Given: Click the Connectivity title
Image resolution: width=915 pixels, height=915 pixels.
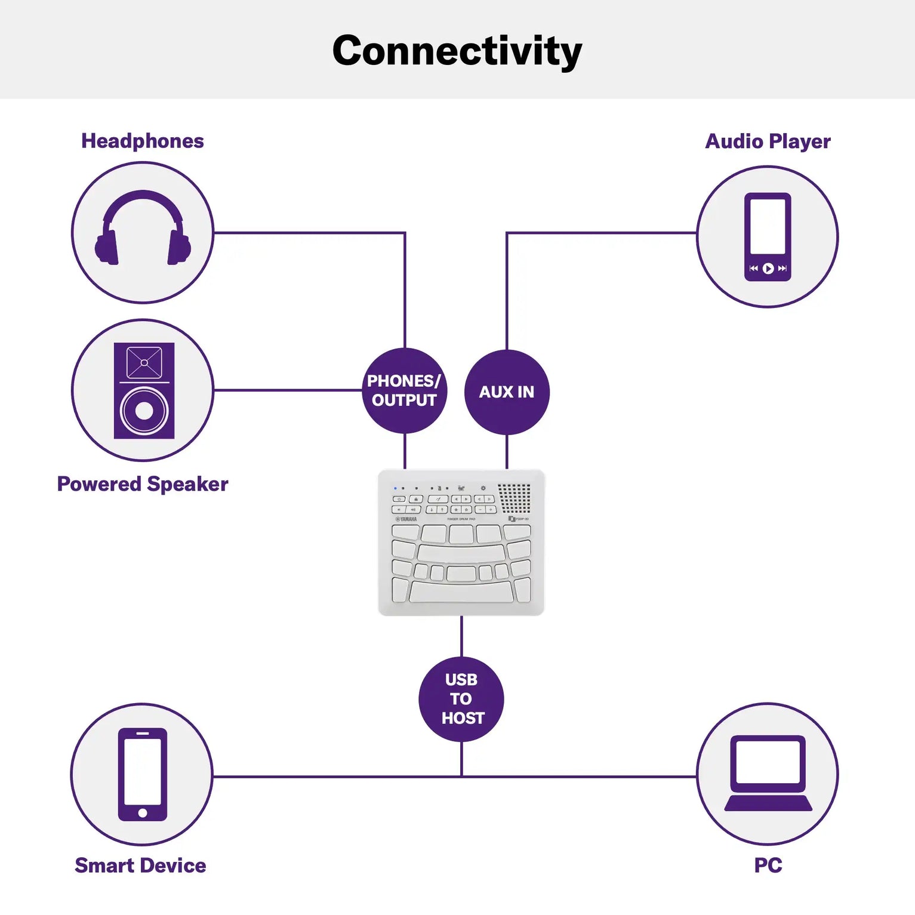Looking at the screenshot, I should point(457,51).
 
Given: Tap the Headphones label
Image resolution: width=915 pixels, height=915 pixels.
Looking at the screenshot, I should point(143,141).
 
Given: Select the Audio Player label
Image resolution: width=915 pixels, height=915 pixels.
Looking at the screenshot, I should point(768,142).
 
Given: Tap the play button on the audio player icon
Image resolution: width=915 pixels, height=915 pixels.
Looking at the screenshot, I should point(768,269).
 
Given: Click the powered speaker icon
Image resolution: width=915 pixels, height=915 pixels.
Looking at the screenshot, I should point(144,390).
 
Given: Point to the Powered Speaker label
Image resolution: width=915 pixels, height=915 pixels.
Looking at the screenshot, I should point(143,484).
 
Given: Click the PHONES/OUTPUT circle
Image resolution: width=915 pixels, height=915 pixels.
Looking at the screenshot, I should point(404,391).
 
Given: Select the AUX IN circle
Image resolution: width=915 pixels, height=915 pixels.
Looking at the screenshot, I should point(507,392).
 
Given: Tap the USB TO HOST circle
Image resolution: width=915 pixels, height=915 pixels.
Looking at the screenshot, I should point(461,699).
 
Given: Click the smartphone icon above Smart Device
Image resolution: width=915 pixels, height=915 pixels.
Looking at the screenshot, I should point(142,774).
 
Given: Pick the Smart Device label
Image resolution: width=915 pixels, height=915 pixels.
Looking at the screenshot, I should point(140,865).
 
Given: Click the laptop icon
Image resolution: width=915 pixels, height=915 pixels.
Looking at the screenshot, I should point(768,774).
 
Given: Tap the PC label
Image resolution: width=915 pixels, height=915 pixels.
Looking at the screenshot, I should point(768,865).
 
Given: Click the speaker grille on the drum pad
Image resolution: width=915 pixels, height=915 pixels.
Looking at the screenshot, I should point(515,498).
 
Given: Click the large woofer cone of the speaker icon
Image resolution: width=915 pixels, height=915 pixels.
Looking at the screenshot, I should point(144,411).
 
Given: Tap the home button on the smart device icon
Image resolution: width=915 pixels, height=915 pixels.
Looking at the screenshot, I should point(143,813).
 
